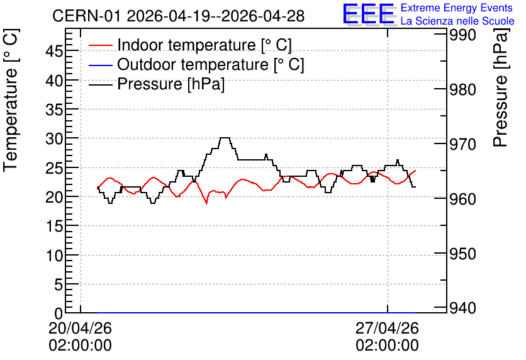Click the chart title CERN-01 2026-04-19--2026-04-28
178,16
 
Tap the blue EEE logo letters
369,14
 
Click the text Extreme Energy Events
457,8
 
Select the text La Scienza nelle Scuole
457,21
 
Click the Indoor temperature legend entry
190,45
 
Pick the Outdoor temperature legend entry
196,64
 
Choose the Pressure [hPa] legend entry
157,84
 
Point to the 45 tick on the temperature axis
54,52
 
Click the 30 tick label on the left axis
54,138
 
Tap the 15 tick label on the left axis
54,226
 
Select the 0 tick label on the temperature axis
59,313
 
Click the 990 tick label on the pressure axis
462,35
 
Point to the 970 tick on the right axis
462,144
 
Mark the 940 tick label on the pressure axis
462,308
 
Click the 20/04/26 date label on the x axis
80,328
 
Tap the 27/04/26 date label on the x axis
388,328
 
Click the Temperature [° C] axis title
11,101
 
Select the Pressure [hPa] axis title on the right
501,87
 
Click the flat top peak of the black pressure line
225,138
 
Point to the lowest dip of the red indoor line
206,203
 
